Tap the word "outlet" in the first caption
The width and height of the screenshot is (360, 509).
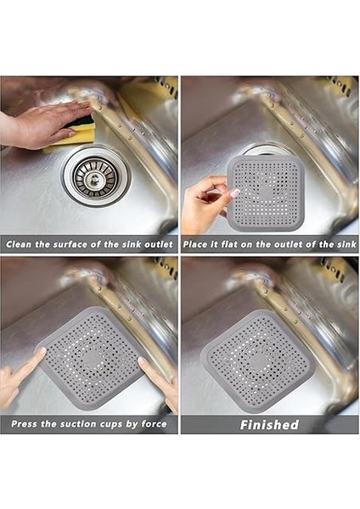(153, 244)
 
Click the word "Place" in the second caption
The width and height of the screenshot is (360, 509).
(196, 244)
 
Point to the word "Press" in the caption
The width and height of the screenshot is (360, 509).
(26, 424)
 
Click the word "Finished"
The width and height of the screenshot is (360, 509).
(269, 424)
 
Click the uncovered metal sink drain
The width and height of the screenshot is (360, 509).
(94, 175)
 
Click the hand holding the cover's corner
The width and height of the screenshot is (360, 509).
(204, 204)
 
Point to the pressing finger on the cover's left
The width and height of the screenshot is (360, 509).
(21, 373)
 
